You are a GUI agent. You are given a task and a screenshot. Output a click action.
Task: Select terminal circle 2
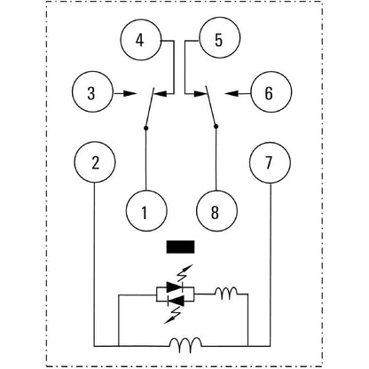point(95,164)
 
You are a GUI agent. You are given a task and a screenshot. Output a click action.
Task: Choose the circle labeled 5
point(218,42)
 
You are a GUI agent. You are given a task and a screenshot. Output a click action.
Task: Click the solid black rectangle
point(181,249)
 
